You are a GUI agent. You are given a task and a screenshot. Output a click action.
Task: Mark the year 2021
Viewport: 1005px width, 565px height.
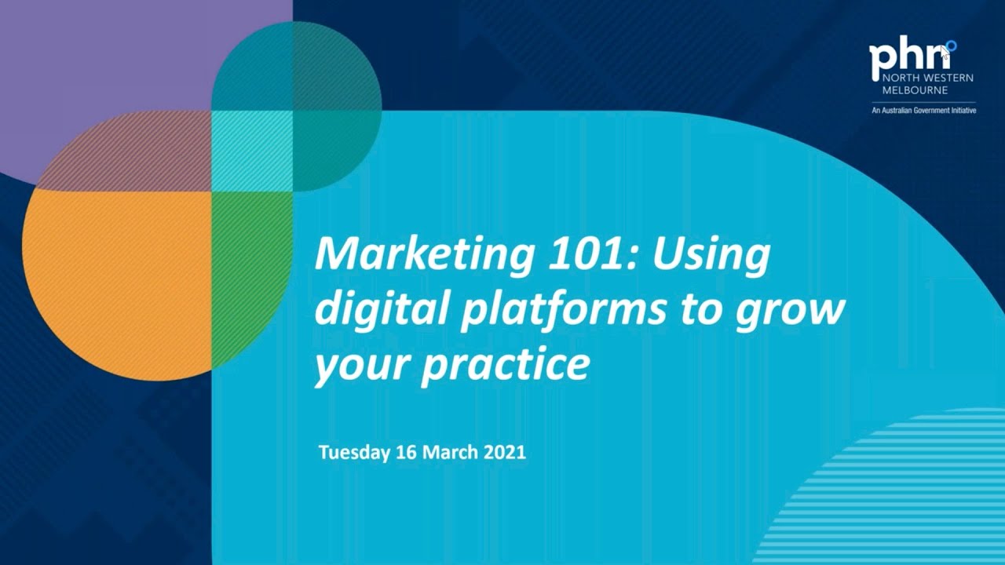pos(505,453)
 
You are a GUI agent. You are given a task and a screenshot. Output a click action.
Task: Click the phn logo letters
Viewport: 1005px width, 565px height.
pos(903,60)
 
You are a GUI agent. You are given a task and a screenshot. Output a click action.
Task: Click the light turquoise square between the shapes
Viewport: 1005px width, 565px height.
pos(251,150)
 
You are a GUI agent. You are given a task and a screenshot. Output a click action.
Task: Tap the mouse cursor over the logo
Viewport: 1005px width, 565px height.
pos(945,52)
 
